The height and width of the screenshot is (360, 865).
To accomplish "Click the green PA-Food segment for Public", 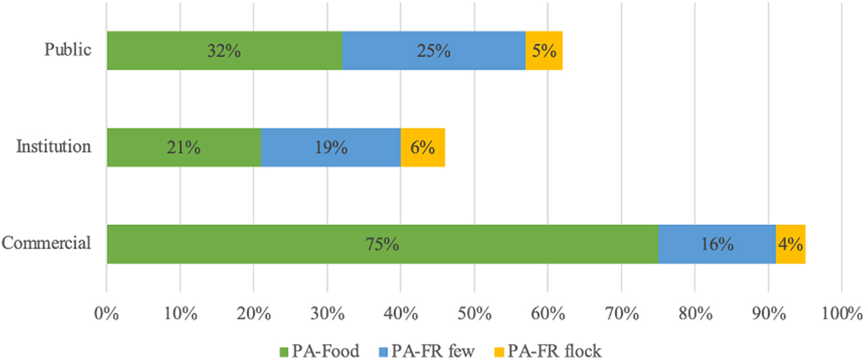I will [224, 50].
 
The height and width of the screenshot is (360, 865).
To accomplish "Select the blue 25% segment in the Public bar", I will [434, 50].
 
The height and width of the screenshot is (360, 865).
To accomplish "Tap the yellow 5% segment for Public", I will [544, 50].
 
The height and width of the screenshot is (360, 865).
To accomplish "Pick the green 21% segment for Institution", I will [184, 147].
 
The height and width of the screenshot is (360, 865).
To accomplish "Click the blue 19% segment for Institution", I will [331, 147].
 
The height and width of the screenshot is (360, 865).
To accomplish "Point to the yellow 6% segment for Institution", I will [423, 147].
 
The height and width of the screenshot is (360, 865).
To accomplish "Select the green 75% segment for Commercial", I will [382, 244].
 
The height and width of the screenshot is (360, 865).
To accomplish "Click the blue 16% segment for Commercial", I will [717, 244].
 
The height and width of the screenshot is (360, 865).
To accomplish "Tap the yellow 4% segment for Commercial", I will [791, 244].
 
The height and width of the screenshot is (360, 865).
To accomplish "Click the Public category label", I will [68, 50].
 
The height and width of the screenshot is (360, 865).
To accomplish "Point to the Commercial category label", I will [46, 243].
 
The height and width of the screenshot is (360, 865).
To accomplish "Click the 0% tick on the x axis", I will [107, 314].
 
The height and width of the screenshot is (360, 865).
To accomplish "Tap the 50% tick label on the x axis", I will [474, 314].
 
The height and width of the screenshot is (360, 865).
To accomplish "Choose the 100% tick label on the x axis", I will [842, 314].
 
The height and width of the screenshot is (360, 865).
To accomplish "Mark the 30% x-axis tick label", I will [327, 314].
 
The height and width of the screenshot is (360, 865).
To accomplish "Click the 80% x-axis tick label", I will [694, 314].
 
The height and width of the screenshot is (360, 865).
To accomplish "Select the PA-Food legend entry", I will [319, 351].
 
